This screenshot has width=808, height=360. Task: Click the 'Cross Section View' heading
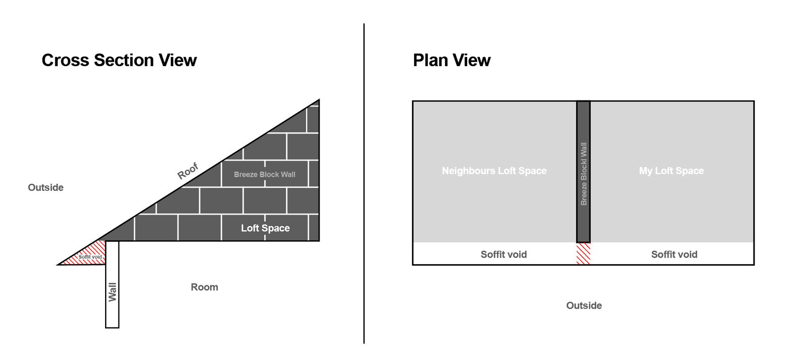pos(119,60)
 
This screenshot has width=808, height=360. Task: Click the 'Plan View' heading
pos(451,60)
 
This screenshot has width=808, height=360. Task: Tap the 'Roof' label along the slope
pos(187,171)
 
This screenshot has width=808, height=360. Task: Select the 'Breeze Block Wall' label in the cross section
pos(265,175)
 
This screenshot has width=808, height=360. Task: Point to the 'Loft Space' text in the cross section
pos(266,228)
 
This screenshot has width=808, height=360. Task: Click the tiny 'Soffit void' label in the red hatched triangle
pos(90,257)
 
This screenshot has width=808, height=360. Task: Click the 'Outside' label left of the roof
pos(46,188)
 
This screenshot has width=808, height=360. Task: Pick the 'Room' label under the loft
pos(205,287)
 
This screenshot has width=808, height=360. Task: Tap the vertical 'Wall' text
pos(113,292)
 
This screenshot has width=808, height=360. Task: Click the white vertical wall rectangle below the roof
pos(112,284)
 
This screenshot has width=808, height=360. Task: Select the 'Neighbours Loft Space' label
pos(494,171)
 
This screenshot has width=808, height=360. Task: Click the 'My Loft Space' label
pos(671,171)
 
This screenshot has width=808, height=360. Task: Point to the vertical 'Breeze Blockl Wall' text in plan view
pos(584,174)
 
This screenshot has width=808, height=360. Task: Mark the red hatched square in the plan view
pos(583,253)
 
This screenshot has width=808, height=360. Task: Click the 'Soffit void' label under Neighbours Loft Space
pos(503,254)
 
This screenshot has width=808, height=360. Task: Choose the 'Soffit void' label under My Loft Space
pos(674,254)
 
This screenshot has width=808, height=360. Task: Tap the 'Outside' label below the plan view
pos(584,305)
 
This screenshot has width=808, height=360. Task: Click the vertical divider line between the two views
pos(364,184)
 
